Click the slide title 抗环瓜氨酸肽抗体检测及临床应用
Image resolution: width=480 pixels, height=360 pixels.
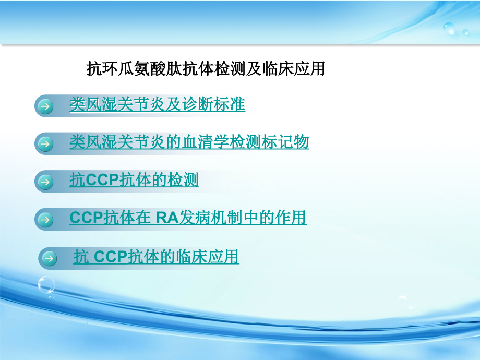[x=205, y=69]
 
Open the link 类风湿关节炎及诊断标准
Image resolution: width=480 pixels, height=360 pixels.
[x=157, y=105]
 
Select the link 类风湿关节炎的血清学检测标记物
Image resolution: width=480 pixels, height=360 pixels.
[x=189, y=142]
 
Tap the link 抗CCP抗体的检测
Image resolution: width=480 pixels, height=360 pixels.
[x=134, y=181]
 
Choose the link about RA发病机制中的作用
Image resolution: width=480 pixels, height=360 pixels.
[x=188, y=218]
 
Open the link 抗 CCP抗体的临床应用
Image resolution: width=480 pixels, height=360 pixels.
[x=156, y=257]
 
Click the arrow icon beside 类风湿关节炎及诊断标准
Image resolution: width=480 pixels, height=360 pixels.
[x=46, y=106]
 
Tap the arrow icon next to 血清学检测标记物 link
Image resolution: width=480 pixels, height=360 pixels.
[x=46, y=143]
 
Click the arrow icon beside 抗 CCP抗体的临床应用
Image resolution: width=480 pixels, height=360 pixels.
[x=50, y=258]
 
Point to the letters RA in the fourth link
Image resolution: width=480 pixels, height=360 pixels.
[x=167, y=218]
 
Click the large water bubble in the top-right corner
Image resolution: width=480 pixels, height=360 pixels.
[x=449, y=28]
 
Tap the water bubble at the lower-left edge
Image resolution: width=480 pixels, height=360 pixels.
[x=46, y=285]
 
